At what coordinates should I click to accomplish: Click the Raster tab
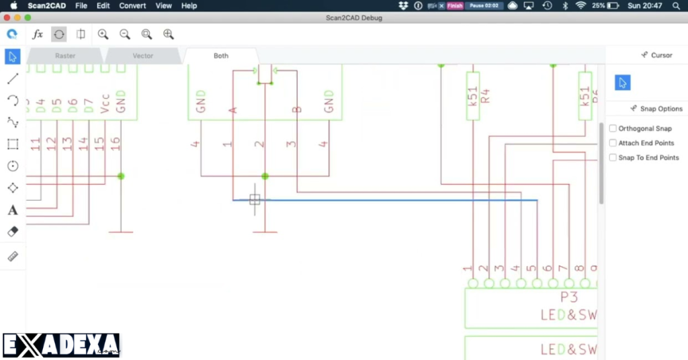[65, 56]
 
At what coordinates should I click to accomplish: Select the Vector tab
[142, 56]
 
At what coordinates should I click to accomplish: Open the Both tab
[221, 56]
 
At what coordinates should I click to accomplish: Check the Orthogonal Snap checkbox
[613, 128]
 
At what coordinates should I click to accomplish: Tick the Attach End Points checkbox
[613, 143]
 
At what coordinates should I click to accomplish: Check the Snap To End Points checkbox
[613, 158]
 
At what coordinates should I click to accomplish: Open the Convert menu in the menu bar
[132, 5]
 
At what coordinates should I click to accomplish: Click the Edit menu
[103, 5]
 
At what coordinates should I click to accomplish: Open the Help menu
[189, 5]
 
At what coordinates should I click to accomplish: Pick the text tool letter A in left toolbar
[12, 210]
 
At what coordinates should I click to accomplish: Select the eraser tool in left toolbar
[12, 232]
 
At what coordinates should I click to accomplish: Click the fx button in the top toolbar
[38, 34]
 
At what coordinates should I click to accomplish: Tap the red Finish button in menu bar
[455, 5]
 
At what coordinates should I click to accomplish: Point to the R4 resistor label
[486, 96]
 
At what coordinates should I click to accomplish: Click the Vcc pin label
[105, 102]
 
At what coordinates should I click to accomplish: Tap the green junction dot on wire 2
[265, 176]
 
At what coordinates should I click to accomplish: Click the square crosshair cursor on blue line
[255, 199]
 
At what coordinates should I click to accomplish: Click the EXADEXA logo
[61, 345]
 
